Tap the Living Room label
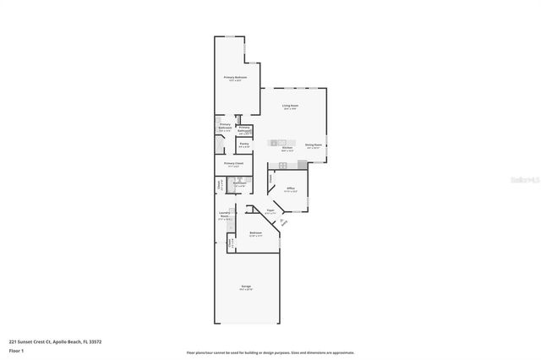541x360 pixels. tap(290, 106)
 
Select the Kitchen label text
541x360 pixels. tap(287, 148)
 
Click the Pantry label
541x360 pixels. tap(243, 144)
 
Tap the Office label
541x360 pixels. tap(290, 188)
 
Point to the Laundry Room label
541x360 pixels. tap(225, 215)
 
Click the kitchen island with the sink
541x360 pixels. tap(282, 139)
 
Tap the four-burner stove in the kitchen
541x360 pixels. tap(282, 164)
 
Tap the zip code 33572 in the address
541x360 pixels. tap(95, 341)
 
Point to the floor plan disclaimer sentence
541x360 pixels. tap(270, 352)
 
